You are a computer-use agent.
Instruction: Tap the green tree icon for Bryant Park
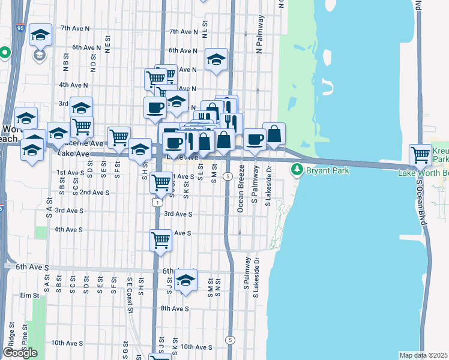297,170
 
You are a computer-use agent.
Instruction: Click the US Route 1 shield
156,203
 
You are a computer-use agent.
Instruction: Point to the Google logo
20,353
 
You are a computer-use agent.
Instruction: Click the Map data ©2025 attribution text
423,355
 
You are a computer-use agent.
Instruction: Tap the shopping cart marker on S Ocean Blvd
421,155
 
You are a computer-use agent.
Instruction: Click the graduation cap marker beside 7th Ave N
40,35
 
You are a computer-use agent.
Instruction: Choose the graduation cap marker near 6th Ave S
186,280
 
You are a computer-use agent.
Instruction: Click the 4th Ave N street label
74,85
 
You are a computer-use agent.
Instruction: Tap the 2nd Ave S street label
94,193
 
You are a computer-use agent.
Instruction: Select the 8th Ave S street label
174,308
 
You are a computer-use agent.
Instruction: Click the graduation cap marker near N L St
216,59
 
